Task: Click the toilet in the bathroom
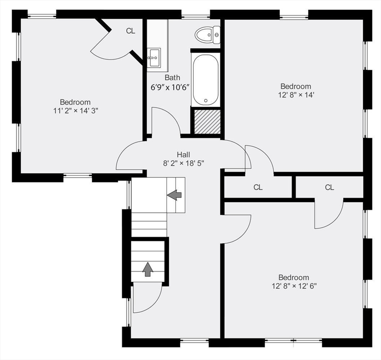tap(207, 35)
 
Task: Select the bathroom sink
tap(153, 59)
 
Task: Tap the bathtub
tap(206, 79)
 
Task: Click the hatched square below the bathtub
tap(206, 121)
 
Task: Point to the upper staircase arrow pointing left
tap(175, 194)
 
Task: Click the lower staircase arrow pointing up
tap(148, 269)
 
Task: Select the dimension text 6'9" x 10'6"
tap(170, 87)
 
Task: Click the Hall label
tap(183, 154)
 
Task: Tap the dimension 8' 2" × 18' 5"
tap(183, 163)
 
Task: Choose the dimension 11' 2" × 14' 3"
tap(76, 111)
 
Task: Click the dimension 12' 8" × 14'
tap(296, 95)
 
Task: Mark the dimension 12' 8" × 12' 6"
tap(294, 285)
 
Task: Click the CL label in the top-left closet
tap(130, 31)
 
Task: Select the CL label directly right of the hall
tap(258, 187)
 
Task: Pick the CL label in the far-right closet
tap(329, 187)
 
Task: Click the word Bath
tap(172, 78)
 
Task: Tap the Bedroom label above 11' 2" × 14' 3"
tap(75, 102)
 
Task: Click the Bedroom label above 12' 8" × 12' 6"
tap(294, 277)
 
